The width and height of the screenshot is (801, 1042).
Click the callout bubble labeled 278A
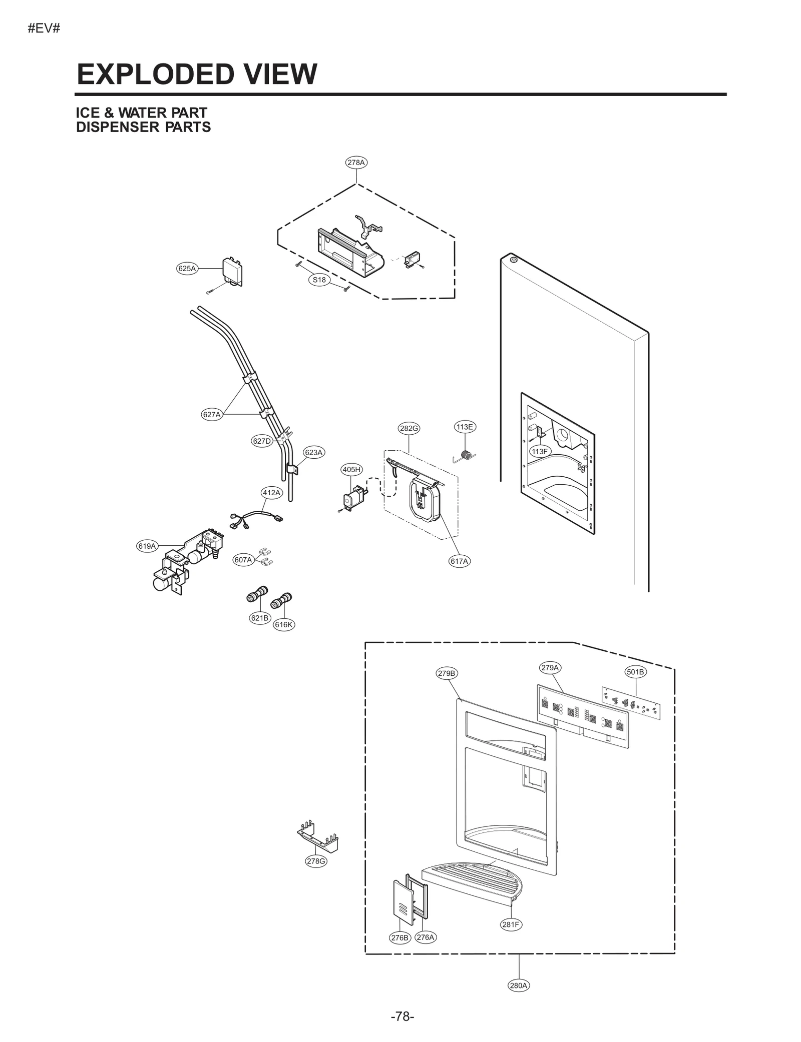pyautogui.click(x=356, y=163)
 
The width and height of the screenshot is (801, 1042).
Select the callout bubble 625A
pyautogui.click(x=187, y=269)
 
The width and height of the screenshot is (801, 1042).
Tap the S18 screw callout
pyautogui.click(x=319, y=280)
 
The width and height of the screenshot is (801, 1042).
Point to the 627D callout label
pyautogui.click(x=262, y=441)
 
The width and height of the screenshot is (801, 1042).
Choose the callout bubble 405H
pyautogui.click(x=351, y=469)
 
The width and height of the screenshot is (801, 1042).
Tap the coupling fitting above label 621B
pyautogui.click(x=257, y=594)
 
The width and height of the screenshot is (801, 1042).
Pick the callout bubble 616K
pyautogui.click(x=283, y=624)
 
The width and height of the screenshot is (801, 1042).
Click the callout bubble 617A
pyautogui.click(x=459, y=561)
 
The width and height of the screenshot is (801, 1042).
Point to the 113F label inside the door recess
pyautogui.click(x=540, y=451)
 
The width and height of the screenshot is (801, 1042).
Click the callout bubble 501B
pyautogui.click(x=636, y=672)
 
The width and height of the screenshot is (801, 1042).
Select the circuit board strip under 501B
pyautogui.click(x=631, y=703)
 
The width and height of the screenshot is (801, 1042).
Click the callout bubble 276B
pyautogui.click(x=400, y=937)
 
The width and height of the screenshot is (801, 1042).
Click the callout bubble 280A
pyautogui.click(x=519, y=985)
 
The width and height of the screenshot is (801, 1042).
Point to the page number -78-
pyautogui.click(x=402, y=1016)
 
